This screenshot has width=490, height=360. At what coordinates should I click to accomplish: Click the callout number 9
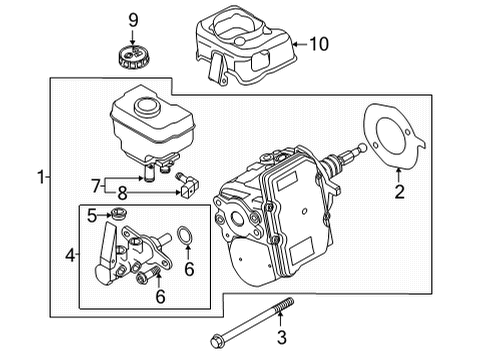coord(133,21)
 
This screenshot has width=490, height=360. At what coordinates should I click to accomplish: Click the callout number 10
coord(319,44)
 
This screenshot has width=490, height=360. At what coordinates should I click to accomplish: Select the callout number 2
coord(399,192)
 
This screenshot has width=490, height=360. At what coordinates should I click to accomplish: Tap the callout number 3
coord(282,337)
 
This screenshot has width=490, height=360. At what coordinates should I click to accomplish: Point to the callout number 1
coord(41,177)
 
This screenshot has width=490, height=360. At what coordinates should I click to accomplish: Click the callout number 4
coord(70,256)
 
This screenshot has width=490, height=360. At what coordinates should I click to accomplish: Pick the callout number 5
coord(92,216)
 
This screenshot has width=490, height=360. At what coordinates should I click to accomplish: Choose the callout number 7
coord(96,186)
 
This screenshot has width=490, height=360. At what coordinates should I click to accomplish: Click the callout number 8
coord(123,193)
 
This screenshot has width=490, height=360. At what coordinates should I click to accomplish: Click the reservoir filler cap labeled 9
coord(133,58)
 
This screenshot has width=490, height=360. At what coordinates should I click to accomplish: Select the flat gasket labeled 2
coord(394,137)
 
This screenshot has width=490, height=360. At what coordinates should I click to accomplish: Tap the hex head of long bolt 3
coord(216,342)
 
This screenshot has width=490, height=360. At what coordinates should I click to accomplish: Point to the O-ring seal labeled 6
coord(184,236)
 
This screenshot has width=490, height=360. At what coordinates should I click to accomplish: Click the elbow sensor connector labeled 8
coord(187,186)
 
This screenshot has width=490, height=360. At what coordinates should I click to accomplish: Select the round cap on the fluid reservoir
coord(147,106)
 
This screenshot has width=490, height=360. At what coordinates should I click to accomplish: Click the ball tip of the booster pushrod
coord(361,147)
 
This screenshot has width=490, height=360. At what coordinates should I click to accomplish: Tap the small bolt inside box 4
coord(146,276)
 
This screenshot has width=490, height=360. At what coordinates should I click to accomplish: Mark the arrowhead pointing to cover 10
coord(295,44)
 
